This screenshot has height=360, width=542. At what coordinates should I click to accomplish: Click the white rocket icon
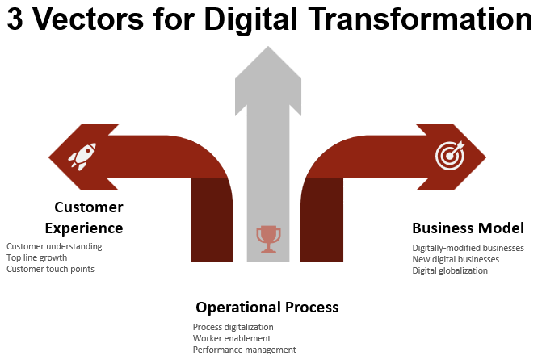click(x=82, y=157)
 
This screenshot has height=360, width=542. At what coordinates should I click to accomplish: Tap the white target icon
click(x=450, y=156)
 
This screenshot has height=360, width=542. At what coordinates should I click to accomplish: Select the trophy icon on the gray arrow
click(x=269, y=239)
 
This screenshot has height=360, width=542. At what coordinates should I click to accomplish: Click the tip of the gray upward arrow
click(x=268, y=46)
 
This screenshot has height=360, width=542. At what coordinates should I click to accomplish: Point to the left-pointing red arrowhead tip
click(x=48, y=157)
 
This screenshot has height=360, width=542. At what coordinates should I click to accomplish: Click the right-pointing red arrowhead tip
click(x=486, y=157)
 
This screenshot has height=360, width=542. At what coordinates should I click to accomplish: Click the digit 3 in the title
click(x=15, y=19)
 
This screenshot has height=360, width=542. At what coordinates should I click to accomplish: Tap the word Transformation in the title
click(x=420, y=19)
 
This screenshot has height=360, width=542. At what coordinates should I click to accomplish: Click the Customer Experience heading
click(x=84, y=218)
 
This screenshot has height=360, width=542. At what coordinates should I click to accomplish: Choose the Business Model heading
click(x=468, y=228)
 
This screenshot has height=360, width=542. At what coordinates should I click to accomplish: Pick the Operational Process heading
click(x=267, y=308)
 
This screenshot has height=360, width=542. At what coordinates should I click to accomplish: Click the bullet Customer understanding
click(x=54, y=246)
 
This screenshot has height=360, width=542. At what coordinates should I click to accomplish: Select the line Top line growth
click(x=37, y=257)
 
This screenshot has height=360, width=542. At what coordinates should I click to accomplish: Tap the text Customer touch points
click(x=50, y=269)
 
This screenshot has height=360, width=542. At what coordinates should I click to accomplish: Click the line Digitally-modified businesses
click(x=468, y=248)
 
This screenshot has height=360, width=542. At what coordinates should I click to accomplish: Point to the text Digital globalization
click(x=450, y=270)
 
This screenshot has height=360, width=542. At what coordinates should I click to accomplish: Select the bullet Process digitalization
click(x=233, y=327)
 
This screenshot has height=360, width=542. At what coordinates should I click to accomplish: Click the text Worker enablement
click(x=232, y=338)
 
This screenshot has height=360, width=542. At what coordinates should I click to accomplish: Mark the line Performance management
click(x=245, y=350)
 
